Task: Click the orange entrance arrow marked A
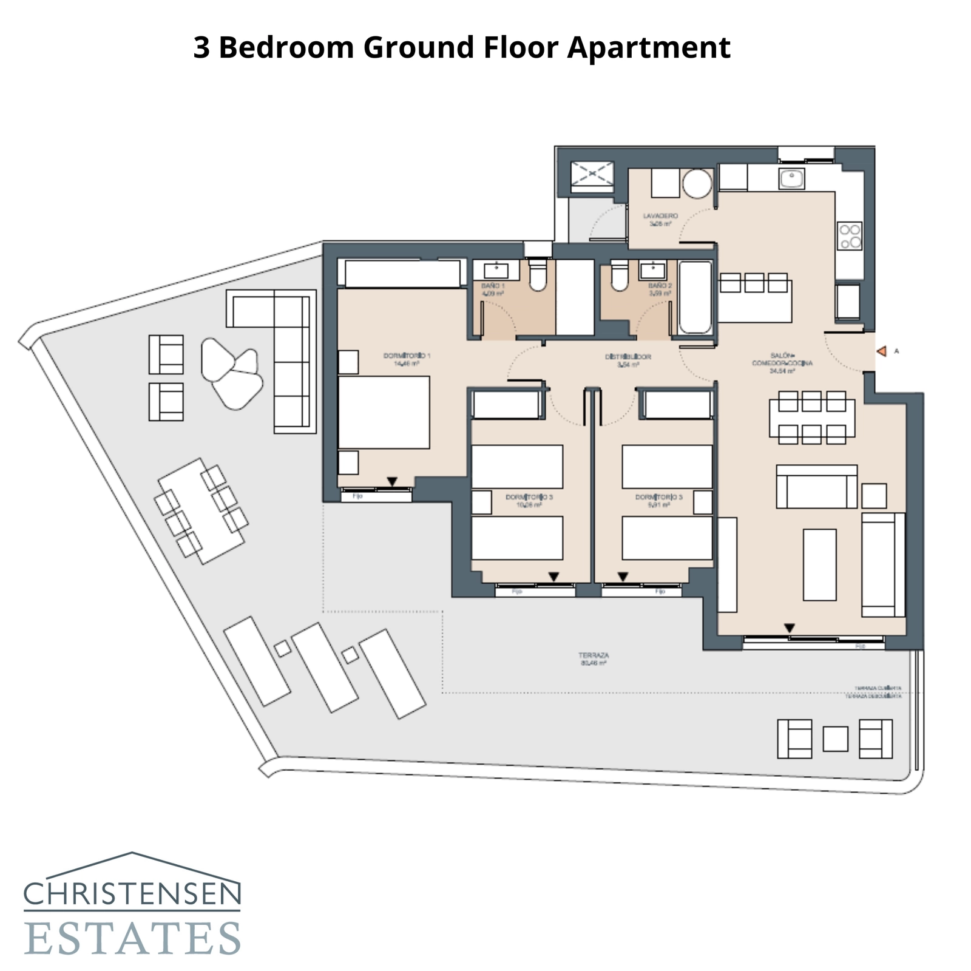point(882,351)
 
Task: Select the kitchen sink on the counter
point(791,178)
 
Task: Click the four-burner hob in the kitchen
point(850,236)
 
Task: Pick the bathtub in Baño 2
point(695,297)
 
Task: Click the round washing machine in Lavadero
point(697,183)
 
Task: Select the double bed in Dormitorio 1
point(384,412)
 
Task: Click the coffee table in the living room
point(819,564)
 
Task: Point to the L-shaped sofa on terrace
point(285,340)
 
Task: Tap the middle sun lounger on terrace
point(324,667)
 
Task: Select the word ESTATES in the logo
point(132,938)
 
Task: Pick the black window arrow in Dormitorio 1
point(392,482)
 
